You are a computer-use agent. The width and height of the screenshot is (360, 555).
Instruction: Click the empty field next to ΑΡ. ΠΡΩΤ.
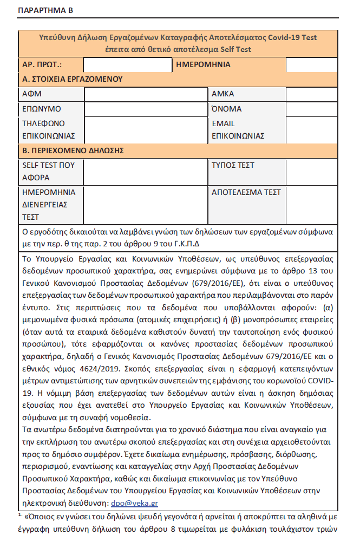click(128, 65)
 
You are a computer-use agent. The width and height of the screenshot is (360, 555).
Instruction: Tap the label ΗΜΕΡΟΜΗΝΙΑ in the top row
click(204, 65)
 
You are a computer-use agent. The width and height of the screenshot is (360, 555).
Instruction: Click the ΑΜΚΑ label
click(222, 94)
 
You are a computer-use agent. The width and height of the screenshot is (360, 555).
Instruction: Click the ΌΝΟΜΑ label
click(226, 109)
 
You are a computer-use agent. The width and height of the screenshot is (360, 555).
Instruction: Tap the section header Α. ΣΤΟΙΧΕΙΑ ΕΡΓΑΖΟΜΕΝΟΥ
click(72, 79)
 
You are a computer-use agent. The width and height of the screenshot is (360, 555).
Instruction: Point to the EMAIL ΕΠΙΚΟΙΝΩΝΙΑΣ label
click(237, 129)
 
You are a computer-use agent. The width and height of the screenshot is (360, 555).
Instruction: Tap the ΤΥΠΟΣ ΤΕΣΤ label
click(233, 165)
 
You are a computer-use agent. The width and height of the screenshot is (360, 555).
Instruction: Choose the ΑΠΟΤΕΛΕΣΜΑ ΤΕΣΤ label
click(246, 192)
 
